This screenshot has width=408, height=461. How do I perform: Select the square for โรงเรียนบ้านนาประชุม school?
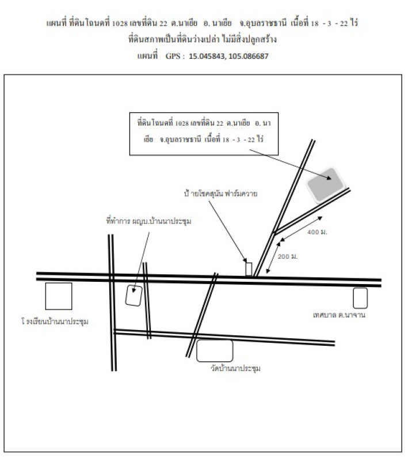pos(59,296)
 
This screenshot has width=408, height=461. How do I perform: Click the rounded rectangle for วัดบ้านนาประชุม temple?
pos(214,350)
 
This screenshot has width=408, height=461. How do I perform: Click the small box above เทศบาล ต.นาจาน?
pos(360,297)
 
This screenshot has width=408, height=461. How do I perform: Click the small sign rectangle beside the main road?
pos(249,269)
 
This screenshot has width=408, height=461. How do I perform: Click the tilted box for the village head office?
pos(134,296)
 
